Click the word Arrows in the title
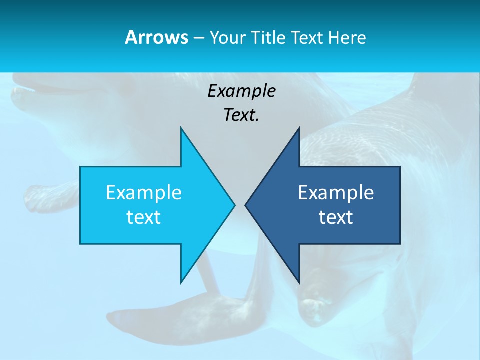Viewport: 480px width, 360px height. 156,37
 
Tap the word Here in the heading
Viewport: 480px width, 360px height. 347,37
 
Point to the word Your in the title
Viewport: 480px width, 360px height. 227,37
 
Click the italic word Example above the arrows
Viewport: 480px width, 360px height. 241,91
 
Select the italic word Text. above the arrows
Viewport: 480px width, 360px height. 241,115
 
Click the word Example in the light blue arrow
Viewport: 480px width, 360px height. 143,192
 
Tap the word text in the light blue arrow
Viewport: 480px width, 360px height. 143,217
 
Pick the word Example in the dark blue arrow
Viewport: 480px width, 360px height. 336,192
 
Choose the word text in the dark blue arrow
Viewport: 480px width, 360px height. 336,217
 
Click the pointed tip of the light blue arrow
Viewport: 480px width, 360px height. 234,205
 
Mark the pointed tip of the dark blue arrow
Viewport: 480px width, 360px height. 246,205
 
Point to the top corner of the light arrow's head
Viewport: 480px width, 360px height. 181,128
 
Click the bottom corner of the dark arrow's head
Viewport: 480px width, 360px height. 299,282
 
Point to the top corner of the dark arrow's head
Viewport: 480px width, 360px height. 299,128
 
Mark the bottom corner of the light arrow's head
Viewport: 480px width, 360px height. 181,282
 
